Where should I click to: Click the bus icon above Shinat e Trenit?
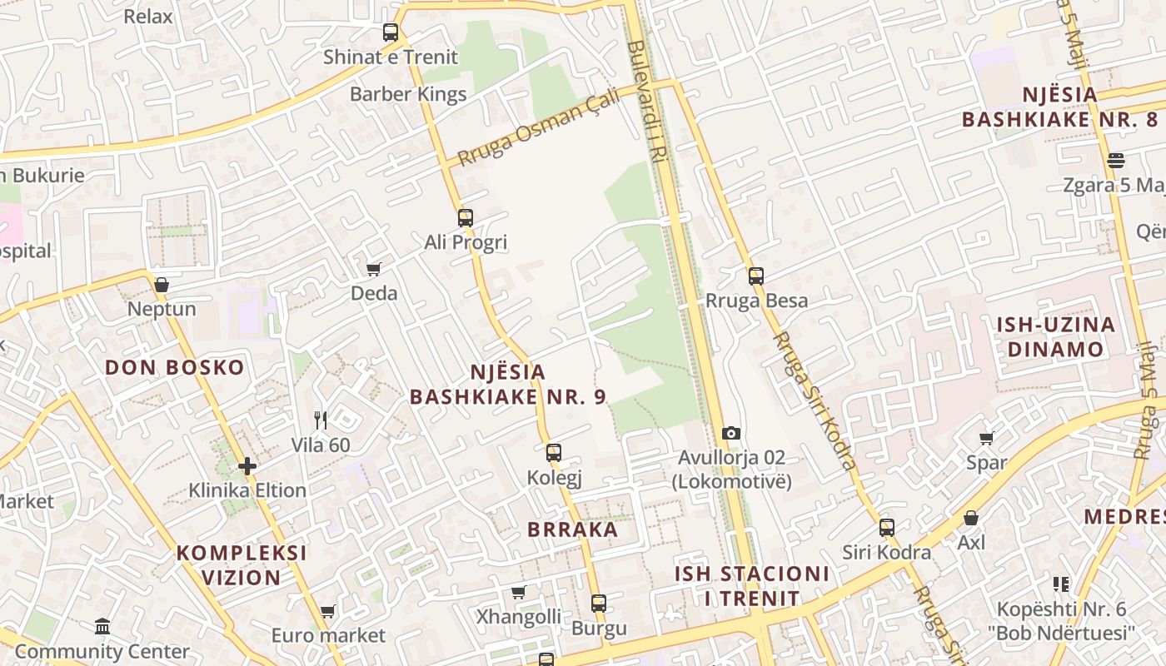point(391,32)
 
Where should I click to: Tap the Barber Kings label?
point(408,94)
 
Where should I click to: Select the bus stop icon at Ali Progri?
point(466,218)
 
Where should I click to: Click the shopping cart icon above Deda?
point(374,269)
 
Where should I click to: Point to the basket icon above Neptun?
point(162,285)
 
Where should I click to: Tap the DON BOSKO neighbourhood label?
point(175,367)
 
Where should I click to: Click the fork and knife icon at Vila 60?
point(321,420)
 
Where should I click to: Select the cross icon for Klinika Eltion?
point(247,465)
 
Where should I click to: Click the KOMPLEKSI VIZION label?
point(242,565)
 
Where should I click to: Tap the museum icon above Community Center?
point(102,626)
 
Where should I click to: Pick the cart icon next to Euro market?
point(328,612)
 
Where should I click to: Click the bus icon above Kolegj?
point(554,453)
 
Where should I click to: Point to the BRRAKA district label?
point(573,529)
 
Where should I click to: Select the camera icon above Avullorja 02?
point(731,433)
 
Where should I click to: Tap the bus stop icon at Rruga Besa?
point(756,276)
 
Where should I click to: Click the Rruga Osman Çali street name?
point(539,127)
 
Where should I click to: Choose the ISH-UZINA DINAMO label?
point(1056,336)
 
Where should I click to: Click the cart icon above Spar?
point(987,438)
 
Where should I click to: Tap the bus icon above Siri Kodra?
point(887,527)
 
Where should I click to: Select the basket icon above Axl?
point(971,518)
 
